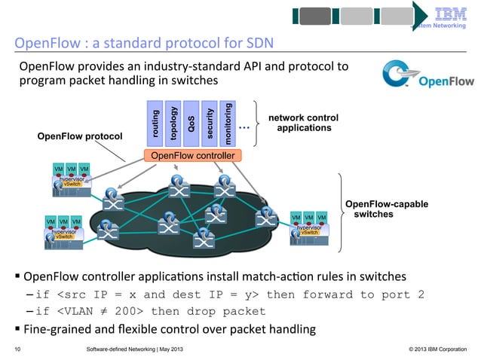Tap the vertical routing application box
point(155,124)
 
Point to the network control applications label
point(304,124)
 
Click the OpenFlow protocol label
point(74,136)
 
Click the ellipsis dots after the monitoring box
point(244,128)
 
